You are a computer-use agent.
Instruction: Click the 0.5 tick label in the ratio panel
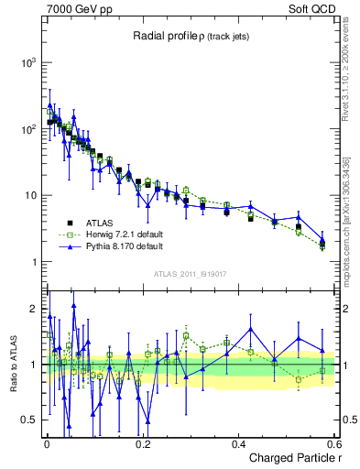point(32,420)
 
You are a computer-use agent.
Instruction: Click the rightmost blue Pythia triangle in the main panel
point(322,241)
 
